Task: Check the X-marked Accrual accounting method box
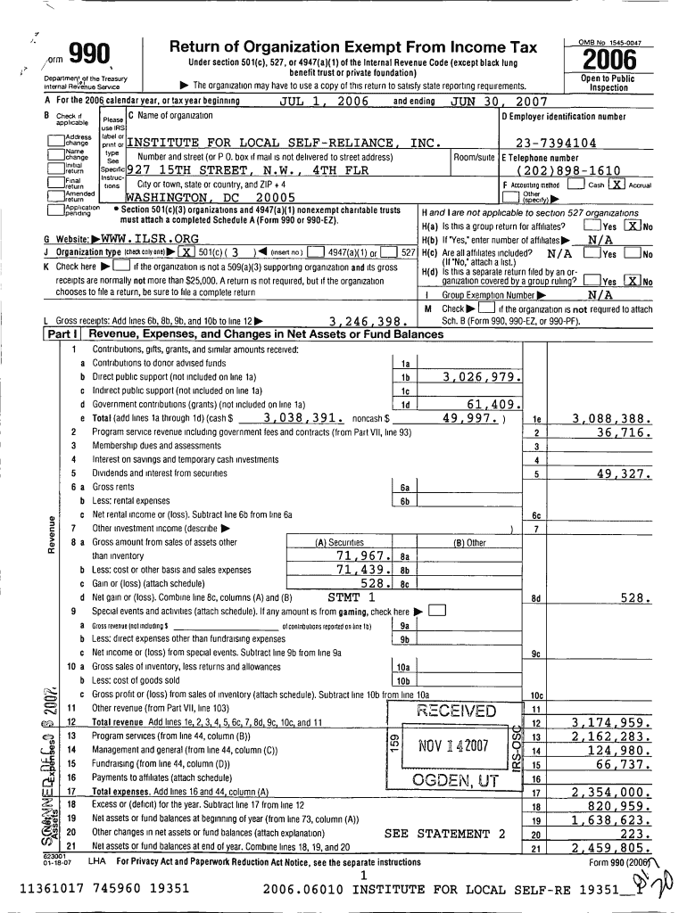coord(616,185)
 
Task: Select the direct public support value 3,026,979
coord(476,376)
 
